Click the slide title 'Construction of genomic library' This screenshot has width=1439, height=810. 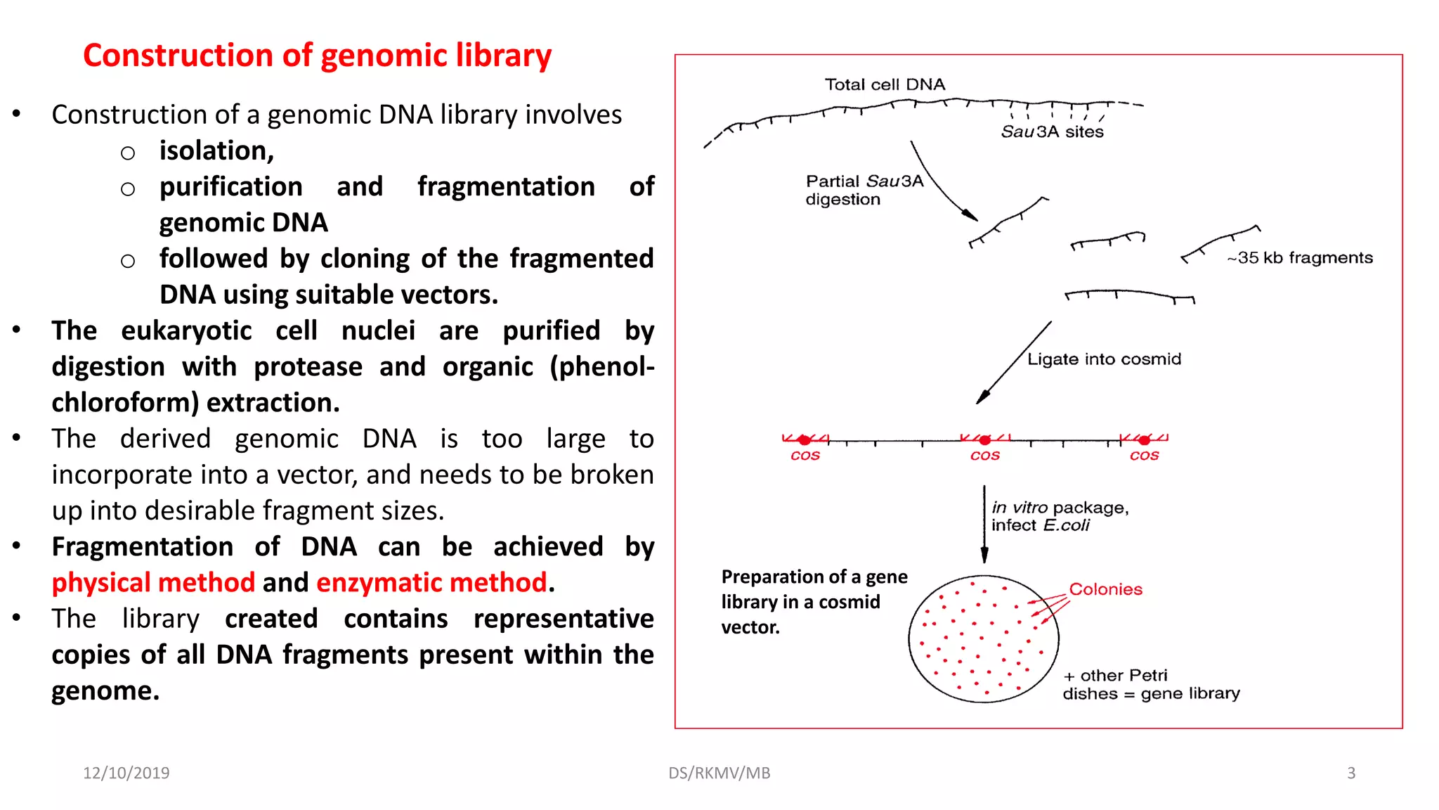pos(317,56)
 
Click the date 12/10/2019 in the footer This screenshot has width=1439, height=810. pos(126,773)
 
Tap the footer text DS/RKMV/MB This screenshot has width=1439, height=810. pos(719,773)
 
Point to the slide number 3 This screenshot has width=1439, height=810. pos(1350,773)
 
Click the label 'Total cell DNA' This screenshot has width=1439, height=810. pos(885,85)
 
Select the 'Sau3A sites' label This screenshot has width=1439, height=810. pos(1052,131)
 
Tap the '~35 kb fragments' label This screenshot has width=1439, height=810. pos(1299,258)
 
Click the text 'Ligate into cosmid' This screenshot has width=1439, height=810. pos(1104,359)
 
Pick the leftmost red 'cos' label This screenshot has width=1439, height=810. pos(805,456)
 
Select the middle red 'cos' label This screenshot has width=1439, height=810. pos(984,456)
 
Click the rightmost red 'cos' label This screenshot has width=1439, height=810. pos(1144,456)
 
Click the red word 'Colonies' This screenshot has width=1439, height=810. pos(1105,589)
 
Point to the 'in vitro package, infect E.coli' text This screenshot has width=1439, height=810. pos(1059,516)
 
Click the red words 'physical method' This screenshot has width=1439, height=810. pos(153,583)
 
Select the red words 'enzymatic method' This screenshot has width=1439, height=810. pos(431,583)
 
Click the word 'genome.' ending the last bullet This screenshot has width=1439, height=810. pos(105,691)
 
